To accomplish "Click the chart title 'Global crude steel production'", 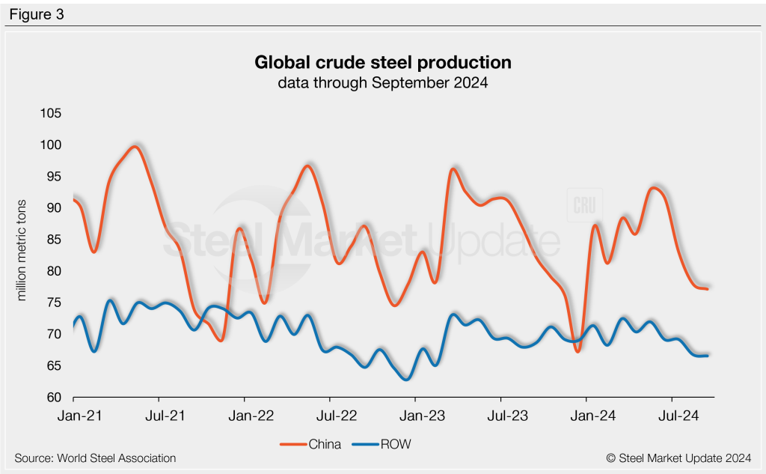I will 382,61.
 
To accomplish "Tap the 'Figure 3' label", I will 37,13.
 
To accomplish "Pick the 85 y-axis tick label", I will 54,240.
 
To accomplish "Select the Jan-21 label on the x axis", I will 74,413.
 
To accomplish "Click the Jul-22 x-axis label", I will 330,413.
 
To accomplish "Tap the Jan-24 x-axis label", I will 586,413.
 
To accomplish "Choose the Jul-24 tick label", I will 671,413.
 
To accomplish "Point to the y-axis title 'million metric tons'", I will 22,250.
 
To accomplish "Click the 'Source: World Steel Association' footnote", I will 95,458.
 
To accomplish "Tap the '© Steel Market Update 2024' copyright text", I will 678,458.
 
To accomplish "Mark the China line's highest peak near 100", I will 134,147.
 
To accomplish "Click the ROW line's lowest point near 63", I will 405,379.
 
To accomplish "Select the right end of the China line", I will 707,289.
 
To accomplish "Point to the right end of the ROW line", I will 707,356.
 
